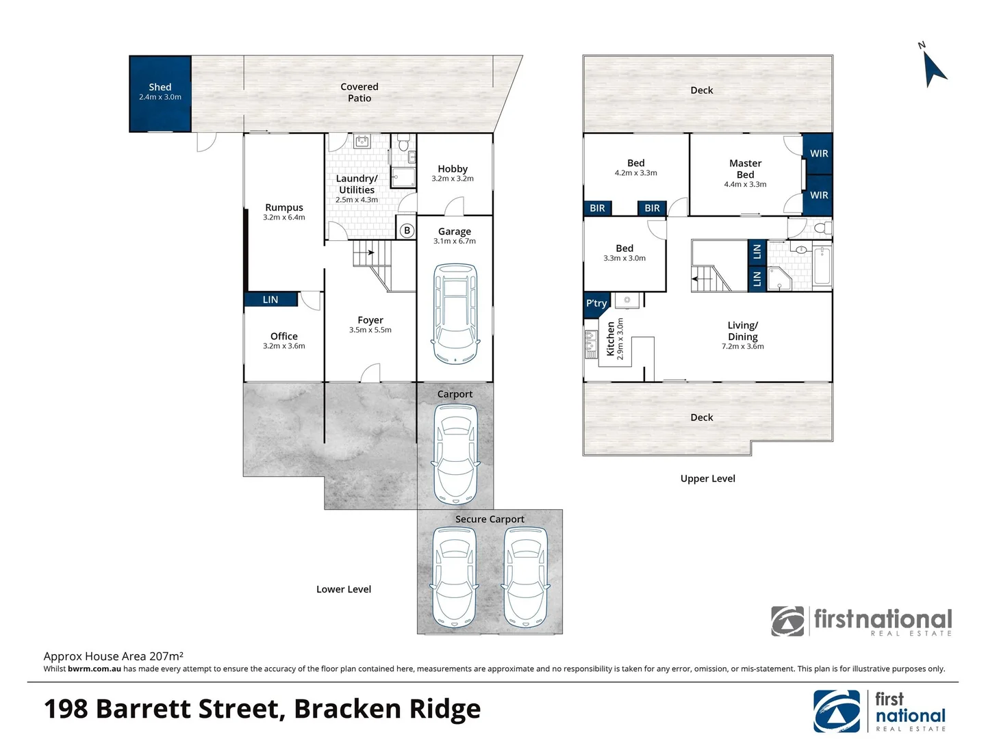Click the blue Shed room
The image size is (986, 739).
(x=160, y=94)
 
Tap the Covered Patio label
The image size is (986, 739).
(x=359, y=92)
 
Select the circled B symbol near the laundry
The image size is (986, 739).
(x=407, y=231)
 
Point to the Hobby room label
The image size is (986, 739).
(x=453, y=169)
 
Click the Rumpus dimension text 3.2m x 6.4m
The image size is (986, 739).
(x=284, y=218)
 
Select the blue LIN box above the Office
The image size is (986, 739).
(x=271, y=300)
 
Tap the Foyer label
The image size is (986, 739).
(x=370, y=320)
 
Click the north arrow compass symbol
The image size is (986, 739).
(x=933, y=67)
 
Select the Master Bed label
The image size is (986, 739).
(x=745, y=169)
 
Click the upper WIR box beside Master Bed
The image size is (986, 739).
(x=819, y=153)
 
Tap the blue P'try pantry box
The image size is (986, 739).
(x=596, y=304)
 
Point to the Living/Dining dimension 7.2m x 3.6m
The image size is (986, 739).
(x=743, y=347)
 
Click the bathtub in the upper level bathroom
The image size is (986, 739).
(x=822, y=265)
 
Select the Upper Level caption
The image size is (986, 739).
(x=707, y=479)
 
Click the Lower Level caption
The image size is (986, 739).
(x=344, y=589)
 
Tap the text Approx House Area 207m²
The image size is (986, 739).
(x=114, y=656)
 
